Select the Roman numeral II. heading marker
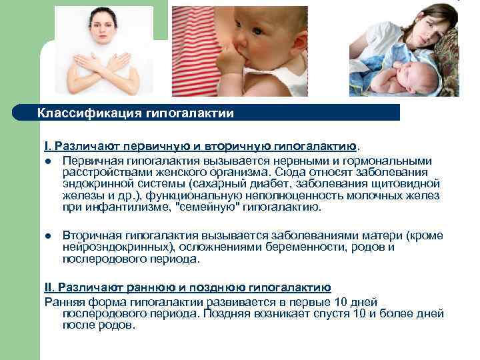point(49,287)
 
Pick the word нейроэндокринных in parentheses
point(109,247)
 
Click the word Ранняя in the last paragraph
point(62,301)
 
